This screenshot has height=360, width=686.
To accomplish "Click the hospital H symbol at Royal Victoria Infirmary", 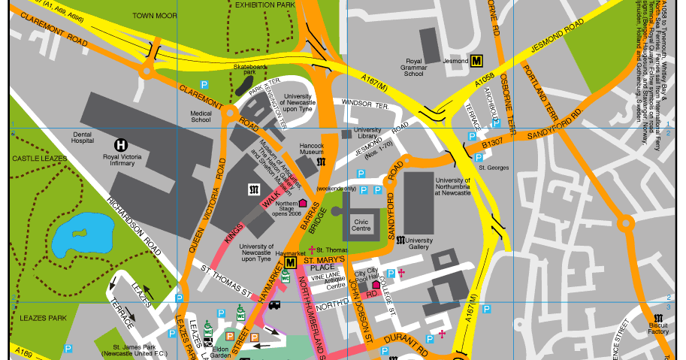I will (x=120, y=144).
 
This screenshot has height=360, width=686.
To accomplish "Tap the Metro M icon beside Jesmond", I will (x=476, y=61).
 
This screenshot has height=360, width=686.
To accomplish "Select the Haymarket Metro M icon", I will (x=291, y=262).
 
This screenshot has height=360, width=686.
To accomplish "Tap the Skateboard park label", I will (x=249, y=69).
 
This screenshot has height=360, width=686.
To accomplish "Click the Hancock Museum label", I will (x=311, y=148).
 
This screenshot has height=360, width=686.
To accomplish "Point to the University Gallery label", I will (x=419, y=244).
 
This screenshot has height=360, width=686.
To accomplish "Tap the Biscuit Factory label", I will (x=657, y=328).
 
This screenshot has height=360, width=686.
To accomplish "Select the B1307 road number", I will (x=491, y=141).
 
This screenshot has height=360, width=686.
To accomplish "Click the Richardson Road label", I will (x=134, y=226).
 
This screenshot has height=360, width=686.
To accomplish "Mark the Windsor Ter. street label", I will (x=364, y=104).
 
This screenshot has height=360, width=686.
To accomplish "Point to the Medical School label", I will (x=201, y=116).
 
